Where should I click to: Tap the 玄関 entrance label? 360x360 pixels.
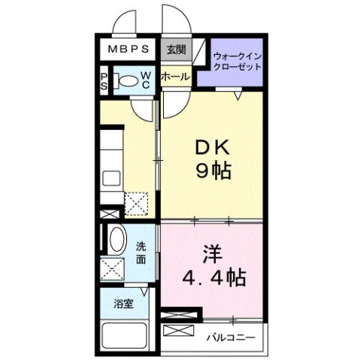point(174,50)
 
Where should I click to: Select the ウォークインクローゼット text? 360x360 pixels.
point(237,61)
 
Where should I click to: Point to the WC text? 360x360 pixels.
point(147,80)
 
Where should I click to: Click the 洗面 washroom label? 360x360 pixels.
point(141,252)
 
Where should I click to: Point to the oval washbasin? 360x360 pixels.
point(117,241)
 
